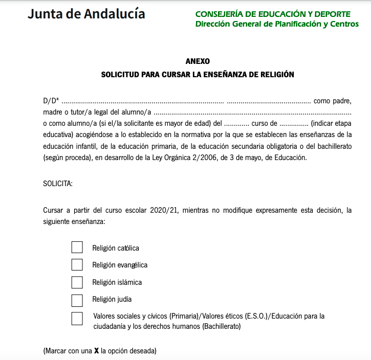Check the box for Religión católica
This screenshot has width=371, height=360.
(x=77, y=247)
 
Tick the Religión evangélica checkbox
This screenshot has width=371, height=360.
(x=77, y=264)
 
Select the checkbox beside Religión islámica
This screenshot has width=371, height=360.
(x=77, y=282)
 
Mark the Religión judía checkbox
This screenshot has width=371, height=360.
(x=77, y=299)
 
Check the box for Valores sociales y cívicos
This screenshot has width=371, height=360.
(x=77, y=319)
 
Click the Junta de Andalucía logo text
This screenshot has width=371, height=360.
(x=86, y=14)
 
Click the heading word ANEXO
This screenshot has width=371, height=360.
(x=198, y=61)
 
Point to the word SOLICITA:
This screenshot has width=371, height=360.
(x=58, y=184)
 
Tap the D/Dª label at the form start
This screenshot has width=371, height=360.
(x=51, y=101)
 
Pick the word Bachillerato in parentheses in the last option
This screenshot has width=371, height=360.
(x=221, y=326)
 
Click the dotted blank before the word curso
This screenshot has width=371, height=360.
(x=236, y=123)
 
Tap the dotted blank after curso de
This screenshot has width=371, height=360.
(x=293, y=123)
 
